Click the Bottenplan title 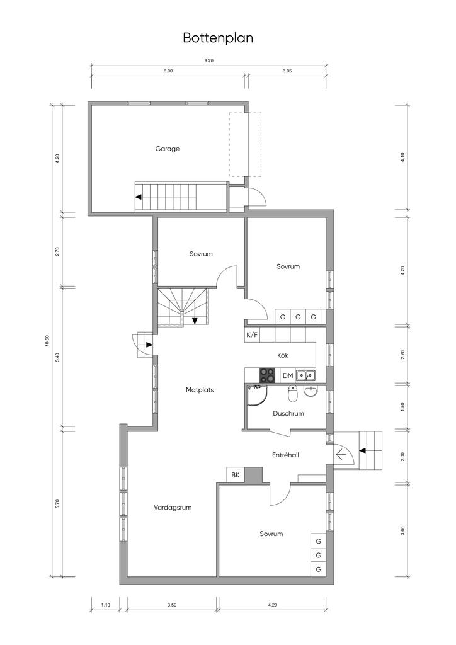[218, 38]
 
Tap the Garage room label [168, 149]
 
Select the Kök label [283, 355]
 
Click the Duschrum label [288, 413]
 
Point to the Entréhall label [285, 455]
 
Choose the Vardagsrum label [173, 508]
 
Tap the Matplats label [200, 390]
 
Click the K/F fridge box [253, 335]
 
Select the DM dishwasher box [288, 375]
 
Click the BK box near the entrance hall [235, 475]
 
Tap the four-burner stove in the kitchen [267, 375]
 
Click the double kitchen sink [305, 375]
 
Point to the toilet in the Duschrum [293, 394]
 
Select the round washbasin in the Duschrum [311, 392]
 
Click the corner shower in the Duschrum [256, 395]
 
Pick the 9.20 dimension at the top [209, 61]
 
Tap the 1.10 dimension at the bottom [106, 605]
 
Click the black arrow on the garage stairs [139, 197]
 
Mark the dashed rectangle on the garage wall [246, 145]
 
